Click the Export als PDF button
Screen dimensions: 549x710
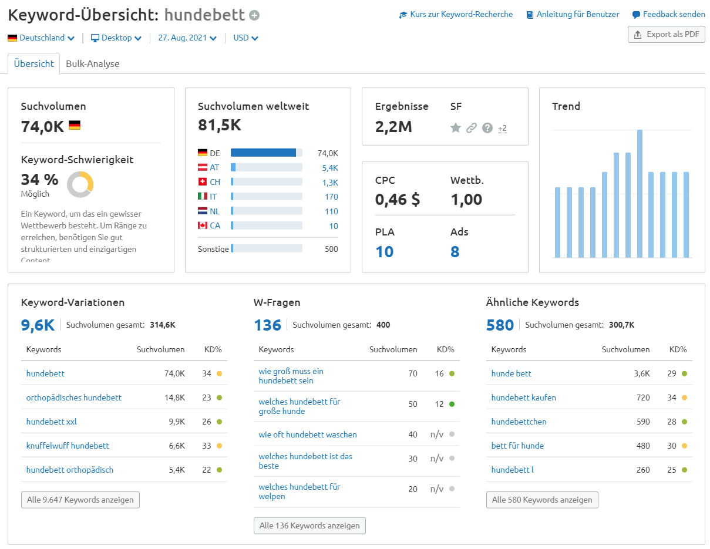666,35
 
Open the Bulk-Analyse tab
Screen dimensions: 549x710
92,63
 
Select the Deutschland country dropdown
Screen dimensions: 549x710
41,38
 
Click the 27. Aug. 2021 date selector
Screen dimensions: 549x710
187,38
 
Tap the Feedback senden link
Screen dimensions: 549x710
668,15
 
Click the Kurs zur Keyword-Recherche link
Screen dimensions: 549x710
456,15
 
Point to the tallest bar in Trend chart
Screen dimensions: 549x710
640,194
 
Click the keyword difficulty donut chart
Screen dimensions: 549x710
80,184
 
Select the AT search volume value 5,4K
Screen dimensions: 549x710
330,168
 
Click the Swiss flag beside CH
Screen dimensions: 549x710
203,182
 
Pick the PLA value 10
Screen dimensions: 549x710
384,252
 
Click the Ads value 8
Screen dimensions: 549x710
455,252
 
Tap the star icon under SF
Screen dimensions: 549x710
455,128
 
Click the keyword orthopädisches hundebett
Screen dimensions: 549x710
74,398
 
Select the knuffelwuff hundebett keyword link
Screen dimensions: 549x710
68,446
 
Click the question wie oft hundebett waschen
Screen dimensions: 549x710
308,435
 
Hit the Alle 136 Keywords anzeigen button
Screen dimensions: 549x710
309,526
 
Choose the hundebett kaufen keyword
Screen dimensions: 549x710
523,398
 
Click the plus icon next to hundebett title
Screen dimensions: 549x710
254,16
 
